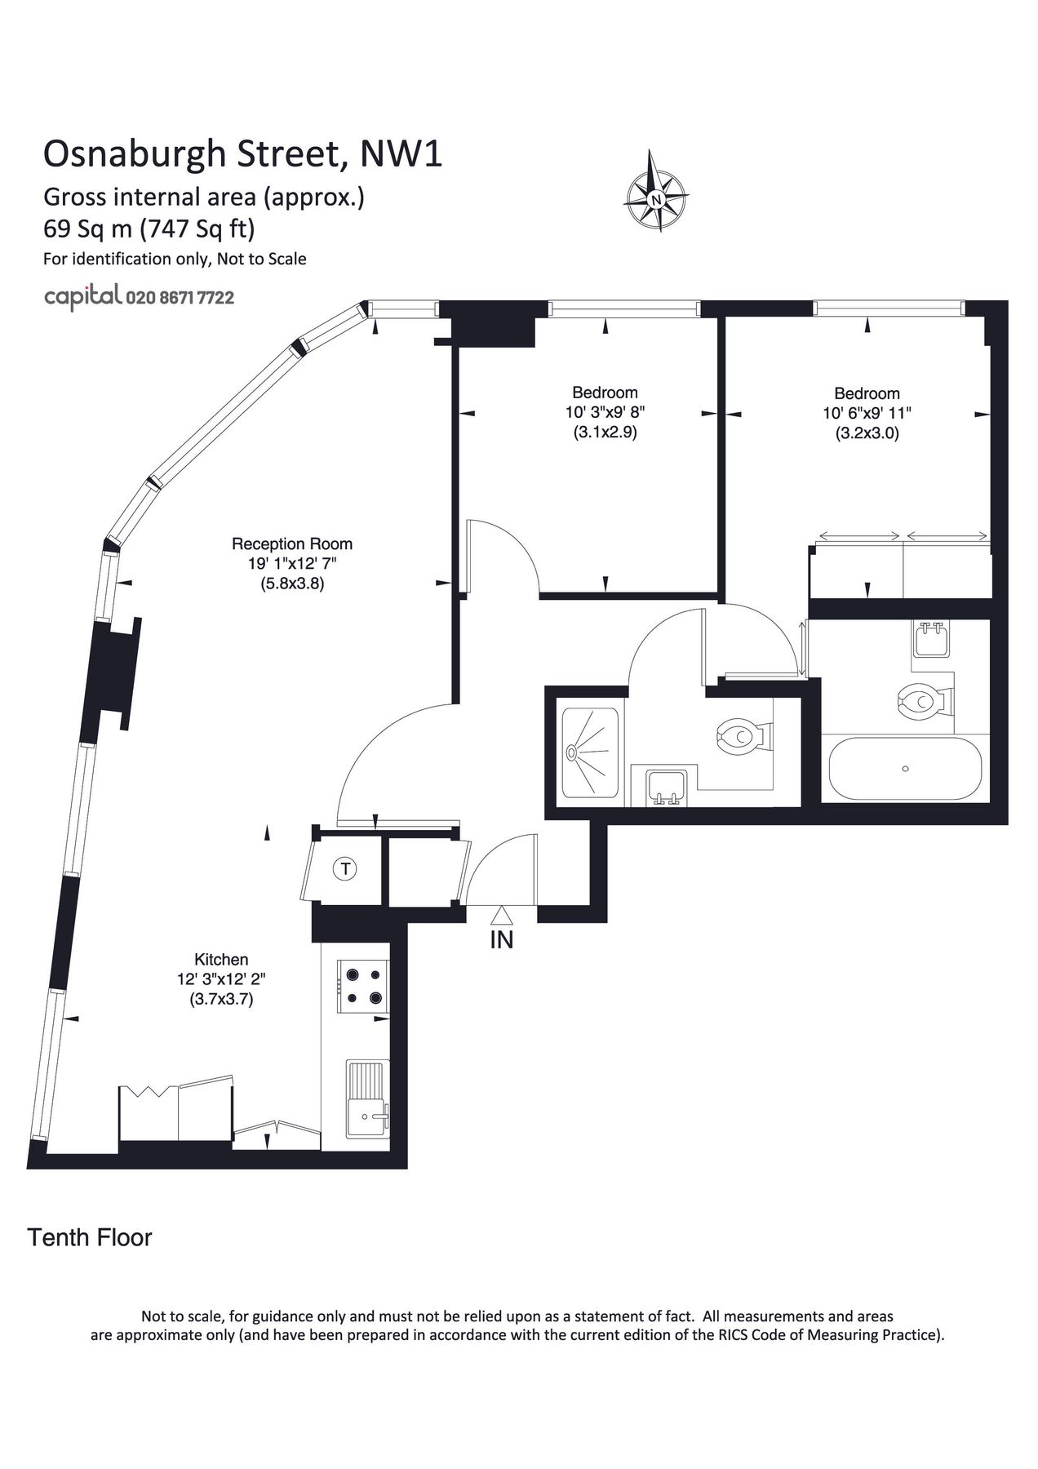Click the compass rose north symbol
(x=655, y=198)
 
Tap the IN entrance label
(x=501, y=940)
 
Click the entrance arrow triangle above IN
(x=501, y=916)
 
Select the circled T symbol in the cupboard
(x=346, y=869)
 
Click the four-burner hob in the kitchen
(x=364, y=986)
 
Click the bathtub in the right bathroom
(x=904, y=769)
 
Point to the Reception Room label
(x=292, y=544)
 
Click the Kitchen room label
(x=221, y=960)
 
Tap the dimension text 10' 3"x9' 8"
(x=605, y=413)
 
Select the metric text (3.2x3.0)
(x=867, y=434)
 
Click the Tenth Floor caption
(x=90, y=1238)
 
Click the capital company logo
(x=82, y=297)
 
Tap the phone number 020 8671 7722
(x=180, y=298)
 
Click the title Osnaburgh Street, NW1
(x=242, y=154)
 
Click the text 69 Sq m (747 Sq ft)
(x=149, y=229)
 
